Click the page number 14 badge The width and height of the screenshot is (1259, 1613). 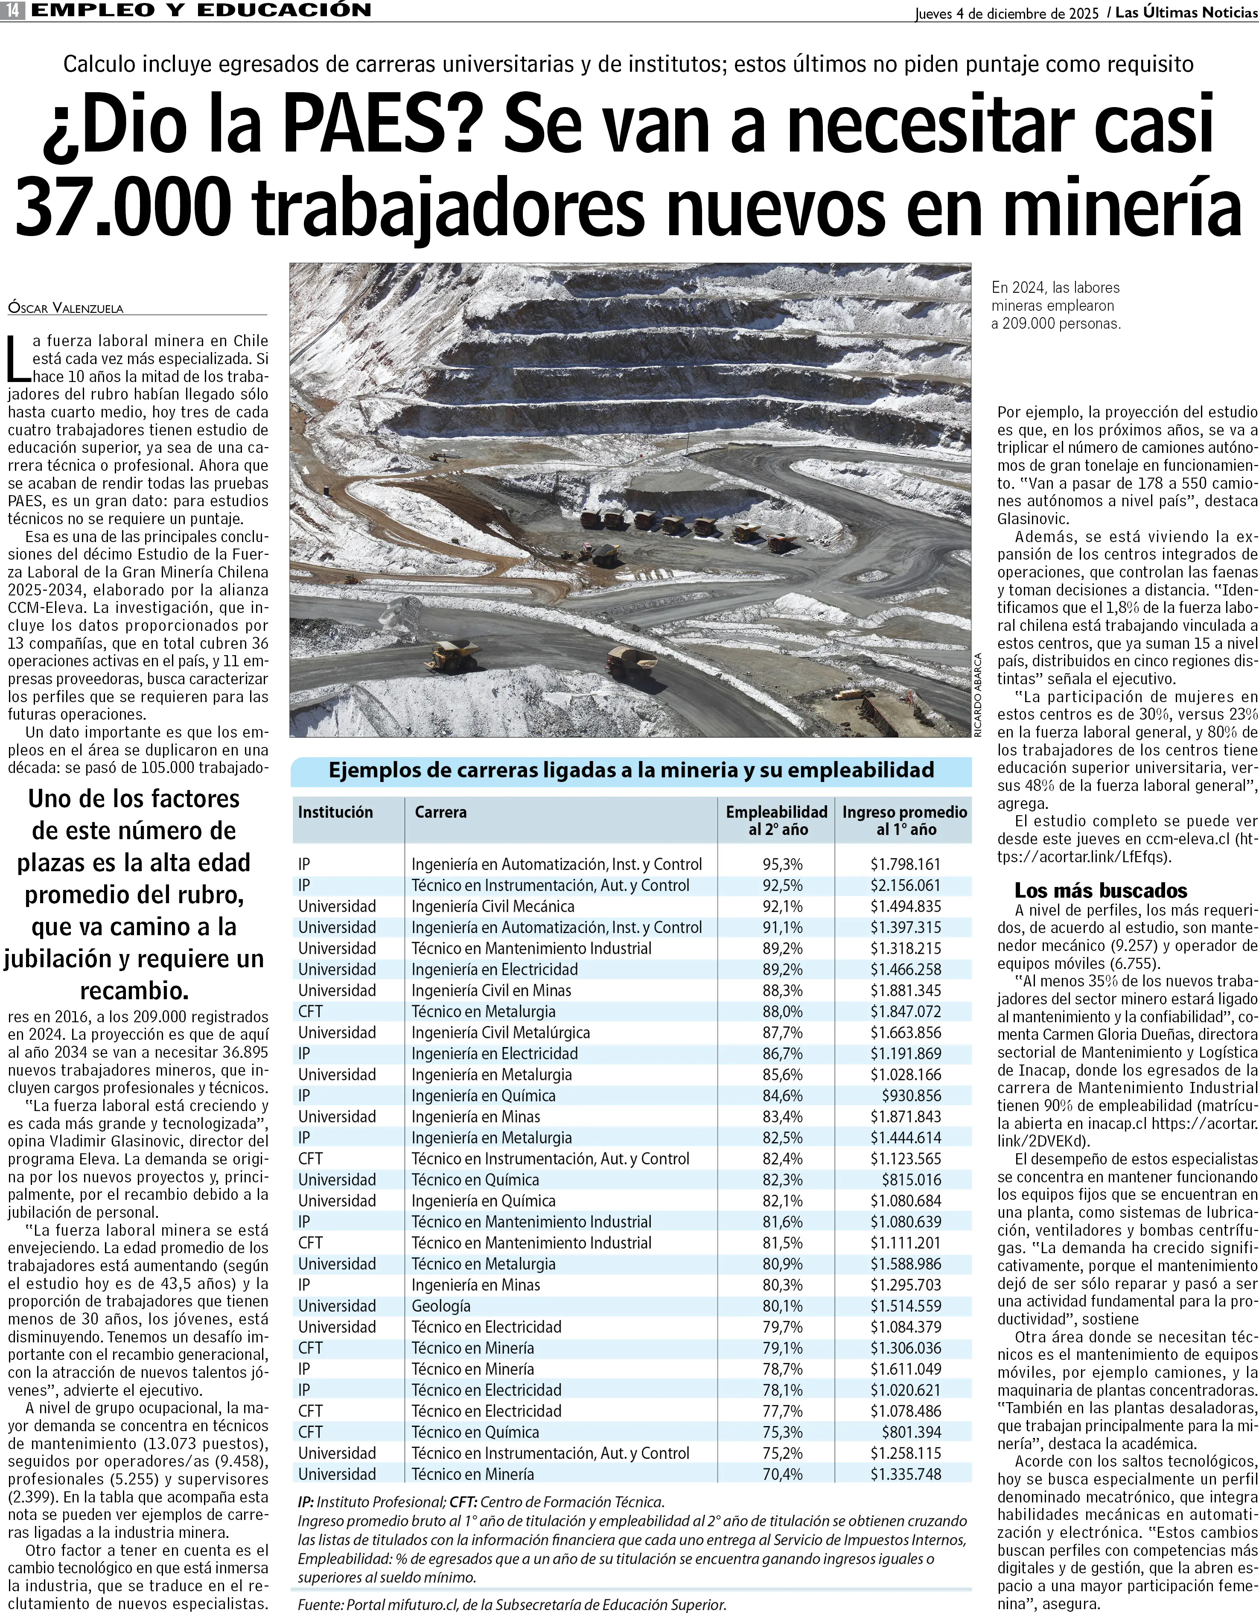(x=13, y=10)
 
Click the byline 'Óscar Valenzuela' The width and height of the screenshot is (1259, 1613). (x=66, y=308)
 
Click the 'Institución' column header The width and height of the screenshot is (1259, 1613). (x=335, y=812)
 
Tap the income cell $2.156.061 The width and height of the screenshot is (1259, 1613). (x=905, y=886)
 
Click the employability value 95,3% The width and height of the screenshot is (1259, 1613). (x=783, y=864)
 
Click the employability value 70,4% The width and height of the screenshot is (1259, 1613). (x=783, y=1474)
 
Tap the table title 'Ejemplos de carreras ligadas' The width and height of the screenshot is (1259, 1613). (x=631, y=770)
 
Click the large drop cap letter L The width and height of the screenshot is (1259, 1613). (x=18, y=360)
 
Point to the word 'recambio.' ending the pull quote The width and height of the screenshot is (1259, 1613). (x=134, y=990)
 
